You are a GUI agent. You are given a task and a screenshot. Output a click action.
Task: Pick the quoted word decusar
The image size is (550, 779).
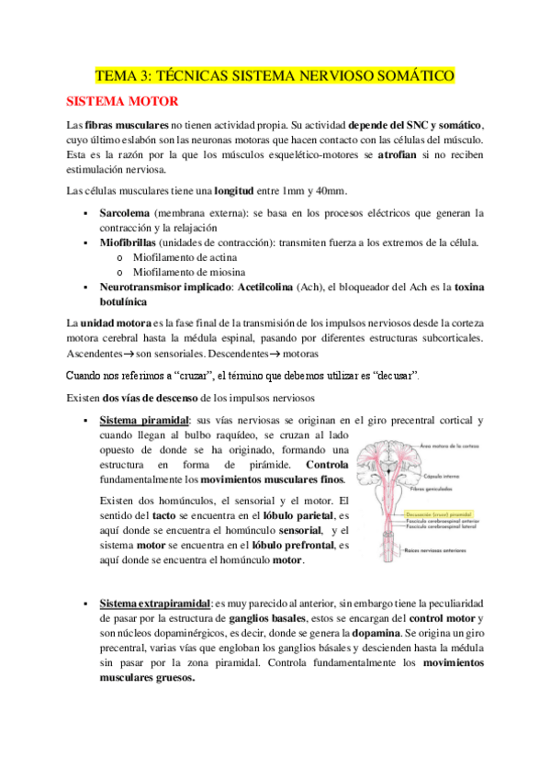click(x=390, y=376)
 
